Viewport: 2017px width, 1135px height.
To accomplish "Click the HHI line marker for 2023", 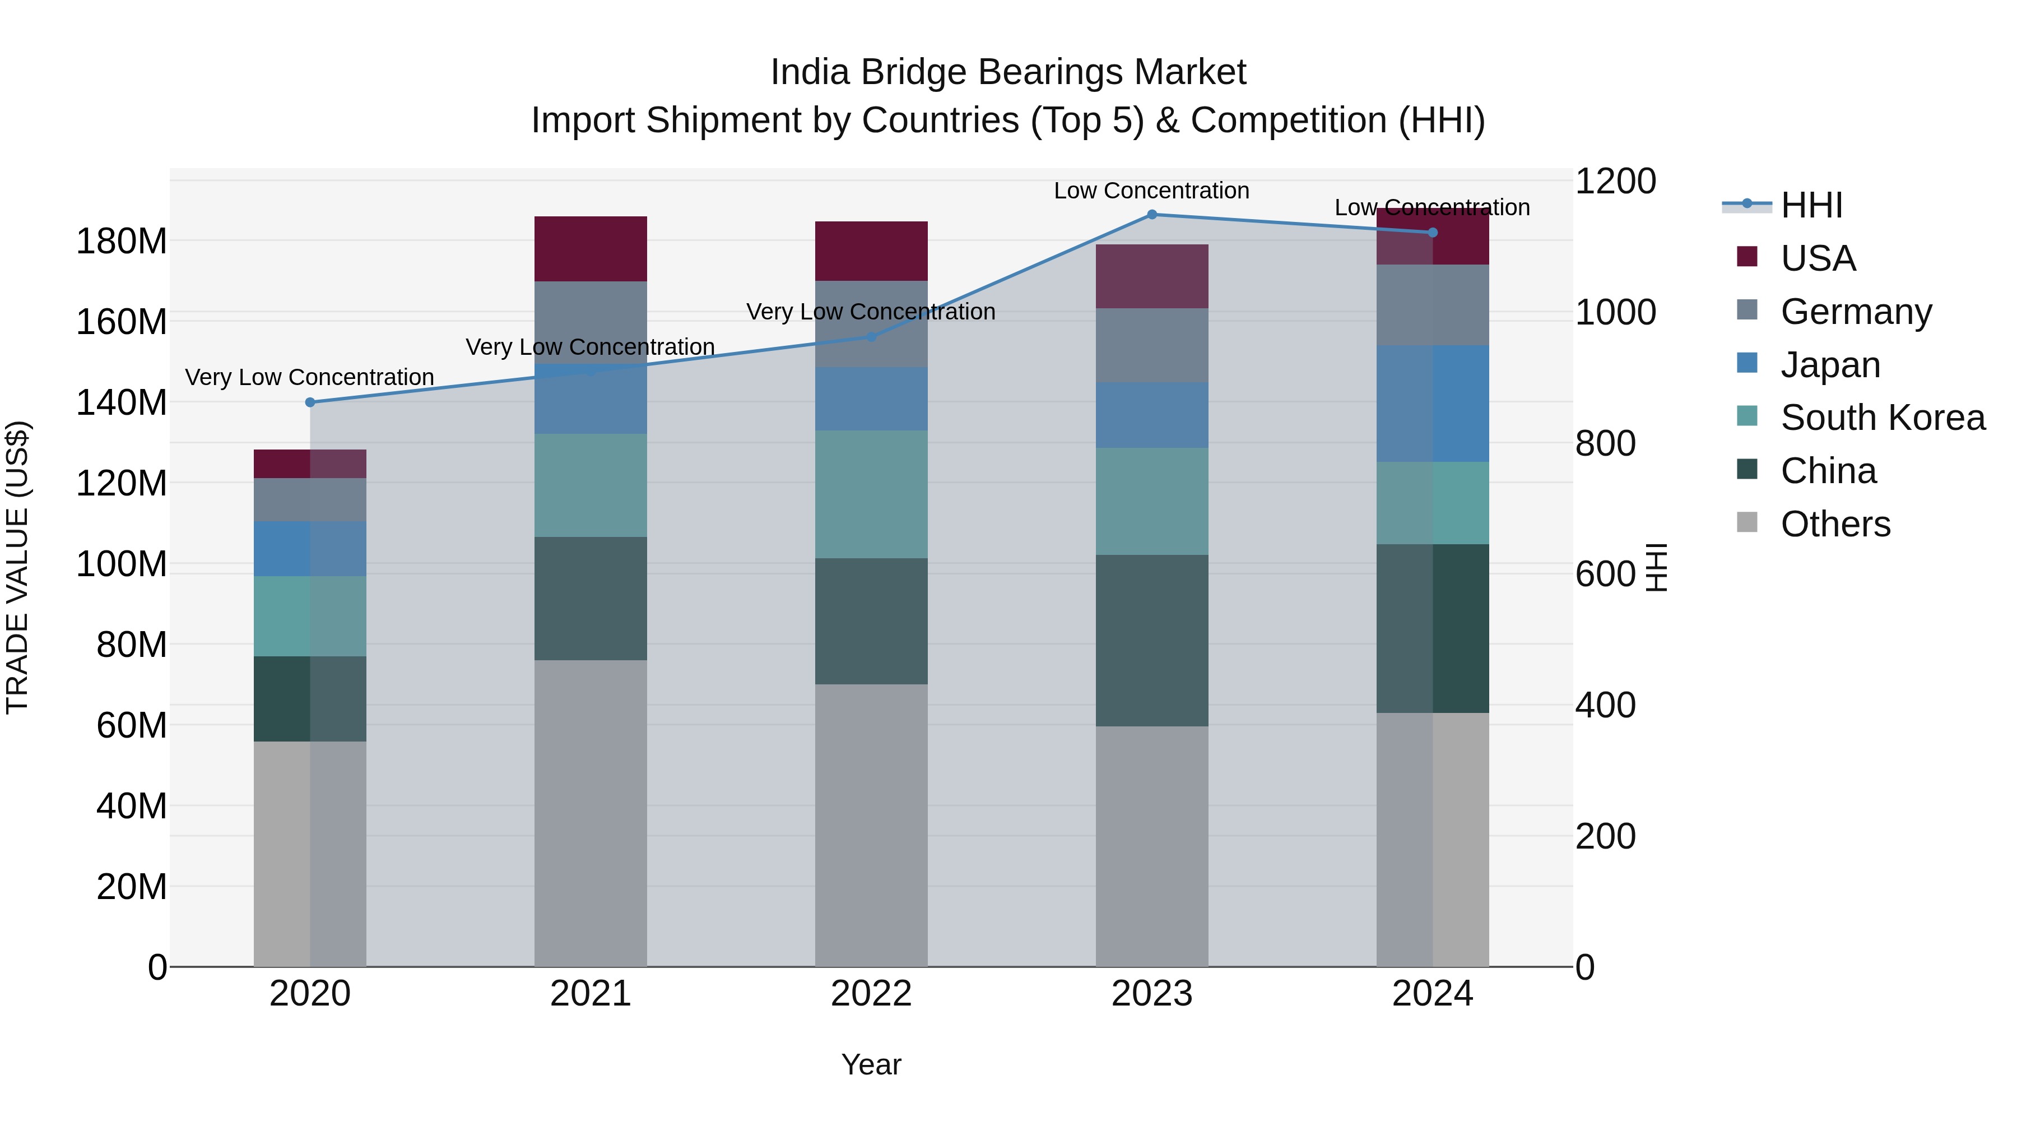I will tap(1152, 215).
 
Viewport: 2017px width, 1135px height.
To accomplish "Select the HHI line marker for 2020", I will tap(310, 402).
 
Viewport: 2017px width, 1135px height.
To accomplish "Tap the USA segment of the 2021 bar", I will tap(591, 248).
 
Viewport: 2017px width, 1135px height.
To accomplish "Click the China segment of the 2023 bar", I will tap(1152, 640).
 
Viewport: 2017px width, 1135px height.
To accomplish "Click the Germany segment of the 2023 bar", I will tap(1152, 345).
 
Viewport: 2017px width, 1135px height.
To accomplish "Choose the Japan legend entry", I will tap(1829, 365).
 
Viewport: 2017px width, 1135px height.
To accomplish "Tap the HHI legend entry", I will tap(1810, 205).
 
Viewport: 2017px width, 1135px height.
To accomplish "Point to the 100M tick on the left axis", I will tap(122, 564).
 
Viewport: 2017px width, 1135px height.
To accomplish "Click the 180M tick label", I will tap(122, 241).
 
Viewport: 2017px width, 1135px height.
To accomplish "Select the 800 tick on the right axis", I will tap(1605, 443).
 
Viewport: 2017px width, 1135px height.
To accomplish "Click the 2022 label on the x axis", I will tap(871, 994).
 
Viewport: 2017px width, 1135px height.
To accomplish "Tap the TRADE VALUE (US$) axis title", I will tap(17, 567).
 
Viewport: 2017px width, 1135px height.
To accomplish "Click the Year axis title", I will tap(871, 1064).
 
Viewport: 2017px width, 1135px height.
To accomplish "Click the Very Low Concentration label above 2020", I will tap(309, 378).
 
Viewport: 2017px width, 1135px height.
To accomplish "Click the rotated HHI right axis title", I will tap(1657, 567).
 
